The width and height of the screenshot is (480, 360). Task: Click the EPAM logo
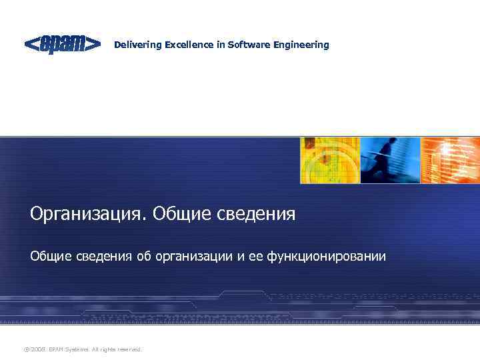click(x=63, y=45)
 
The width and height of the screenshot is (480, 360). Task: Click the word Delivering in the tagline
click(x=136, y=45)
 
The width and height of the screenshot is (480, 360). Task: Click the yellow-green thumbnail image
click(x=329, y=160)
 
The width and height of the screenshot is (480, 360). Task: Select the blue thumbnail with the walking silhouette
click(x=390, y=160)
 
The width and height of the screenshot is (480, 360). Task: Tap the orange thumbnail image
click(x=450, y=160)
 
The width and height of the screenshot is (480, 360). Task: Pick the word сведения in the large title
click(x=256, y=215)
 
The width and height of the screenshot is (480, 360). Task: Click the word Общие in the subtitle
click(x=49, y=257)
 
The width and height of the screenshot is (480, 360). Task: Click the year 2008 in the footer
click(x=38, y=349)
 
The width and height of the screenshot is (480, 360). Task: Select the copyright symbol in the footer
click(x=26, y=349)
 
